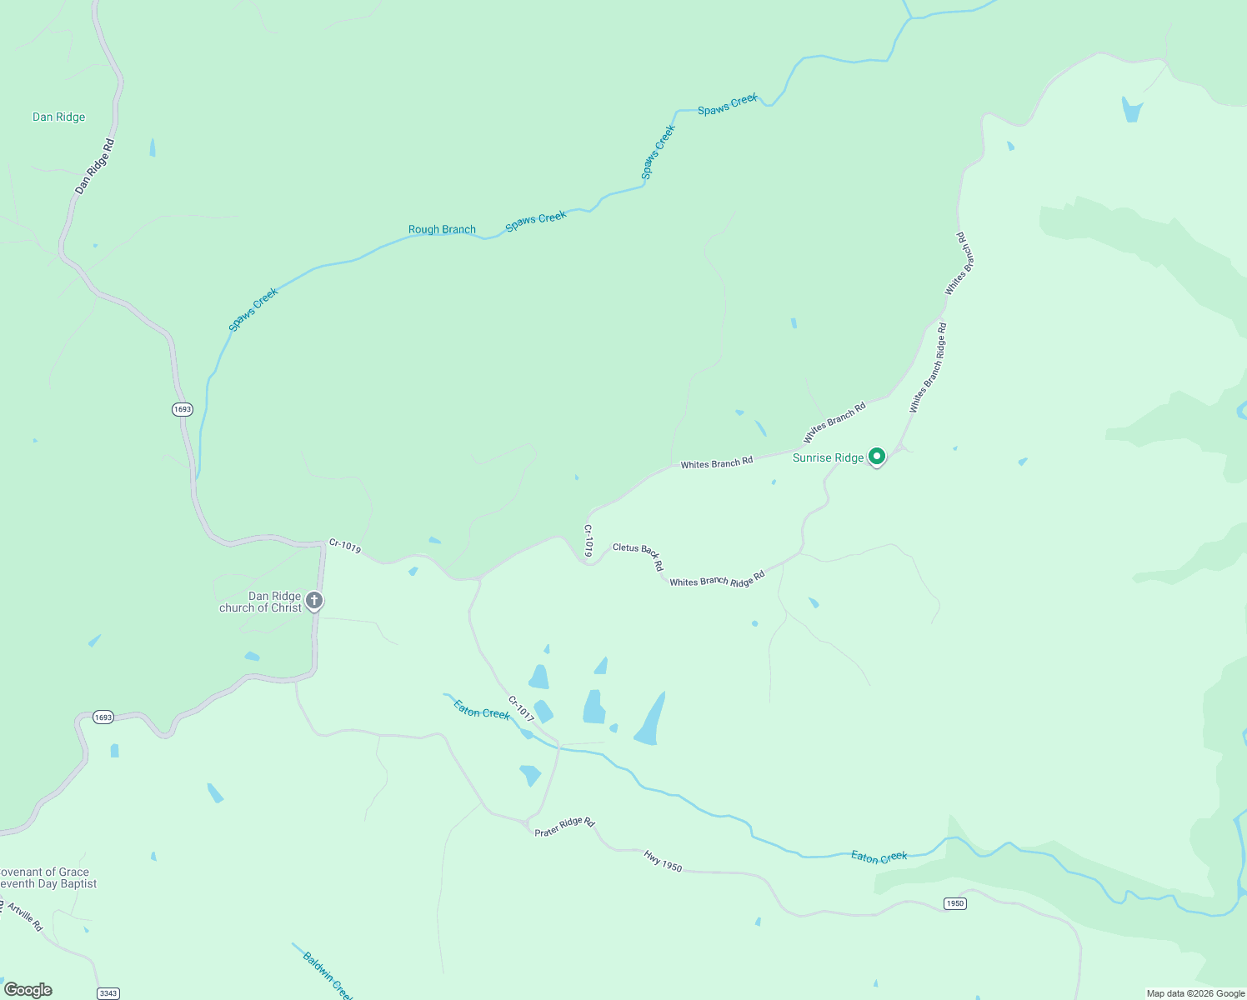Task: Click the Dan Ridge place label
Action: click(x=58, y=117)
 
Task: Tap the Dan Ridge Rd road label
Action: click(x=94, y=167)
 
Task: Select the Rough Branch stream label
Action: click(x=442, y=229)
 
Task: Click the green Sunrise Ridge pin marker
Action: click(x=876, y=457)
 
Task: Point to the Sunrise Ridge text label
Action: click(x=828, y=457)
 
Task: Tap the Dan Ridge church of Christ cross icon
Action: click(x=314, y=600)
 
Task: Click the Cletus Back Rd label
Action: click(x=639, y=555)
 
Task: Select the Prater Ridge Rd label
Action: click(x=564, y=827)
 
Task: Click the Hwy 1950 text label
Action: click(x=663, y=862)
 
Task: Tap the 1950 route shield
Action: click(x=954, y=903)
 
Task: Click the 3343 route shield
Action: click(x=108, y=992)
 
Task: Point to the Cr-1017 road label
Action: click(x=521, y=709)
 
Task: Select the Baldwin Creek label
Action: click(x=327, y=976)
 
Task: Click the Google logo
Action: click(x=28, y=990)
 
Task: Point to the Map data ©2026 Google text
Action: click(x=1195, y=993)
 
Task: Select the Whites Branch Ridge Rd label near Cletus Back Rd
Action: click(x=717, y=579)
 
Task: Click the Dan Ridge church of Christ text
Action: click(x=261, y=602)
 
